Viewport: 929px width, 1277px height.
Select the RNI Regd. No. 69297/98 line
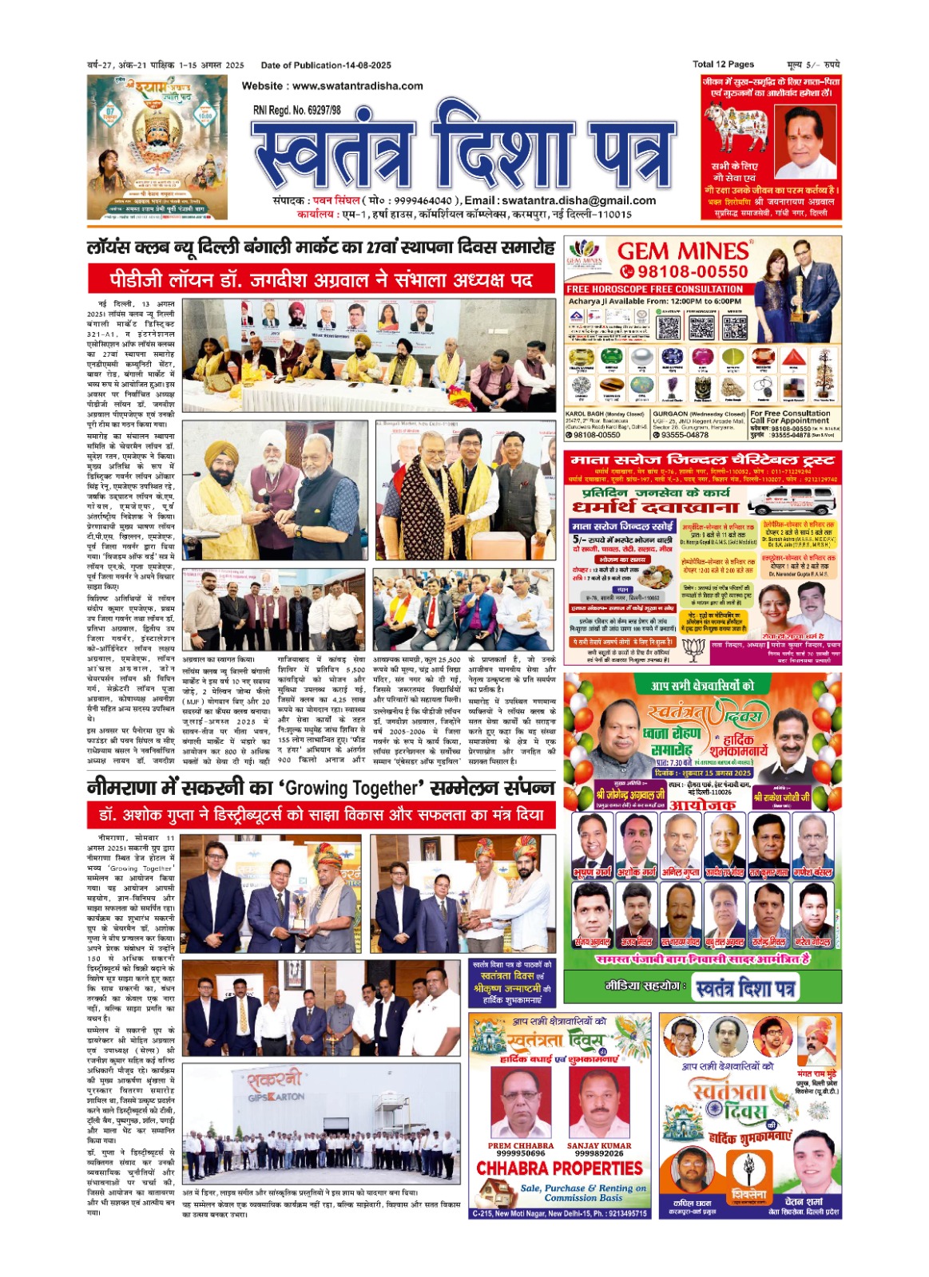[296, 110]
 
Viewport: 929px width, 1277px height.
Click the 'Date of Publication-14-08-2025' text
[326, 65]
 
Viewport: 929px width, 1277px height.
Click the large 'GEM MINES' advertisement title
[683, 251]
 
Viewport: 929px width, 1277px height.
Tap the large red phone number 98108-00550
[692, 272]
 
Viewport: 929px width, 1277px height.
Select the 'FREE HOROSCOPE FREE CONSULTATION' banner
[654, 289]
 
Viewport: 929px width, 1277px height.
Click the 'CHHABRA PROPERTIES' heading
[559, 1168]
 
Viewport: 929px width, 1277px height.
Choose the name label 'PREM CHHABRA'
[520, 1145]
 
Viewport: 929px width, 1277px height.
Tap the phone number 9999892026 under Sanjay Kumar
[598, 1153]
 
